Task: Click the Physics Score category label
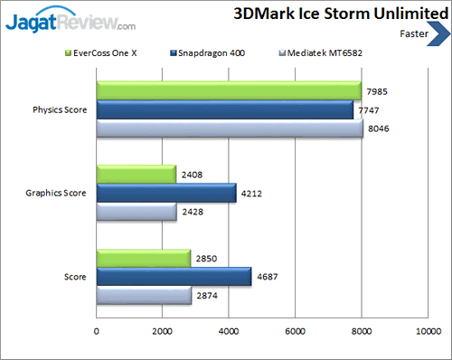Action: tap(59, 110)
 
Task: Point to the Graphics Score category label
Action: tap(57, 194)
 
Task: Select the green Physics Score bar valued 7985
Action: tap(229, 90)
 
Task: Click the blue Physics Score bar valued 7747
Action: tap(225, 110)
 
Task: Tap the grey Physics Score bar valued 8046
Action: tap(230, 130)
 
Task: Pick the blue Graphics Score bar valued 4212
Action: tap(166, 193)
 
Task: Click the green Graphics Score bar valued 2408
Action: tap(137, 174)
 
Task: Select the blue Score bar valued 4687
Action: tap(174, 276)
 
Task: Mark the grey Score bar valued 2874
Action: tap(144, 296)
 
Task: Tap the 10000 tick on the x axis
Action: tap(428, 331)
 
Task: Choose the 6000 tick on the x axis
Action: tap(296, 331)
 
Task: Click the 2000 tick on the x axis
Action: tap(163, 331)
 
